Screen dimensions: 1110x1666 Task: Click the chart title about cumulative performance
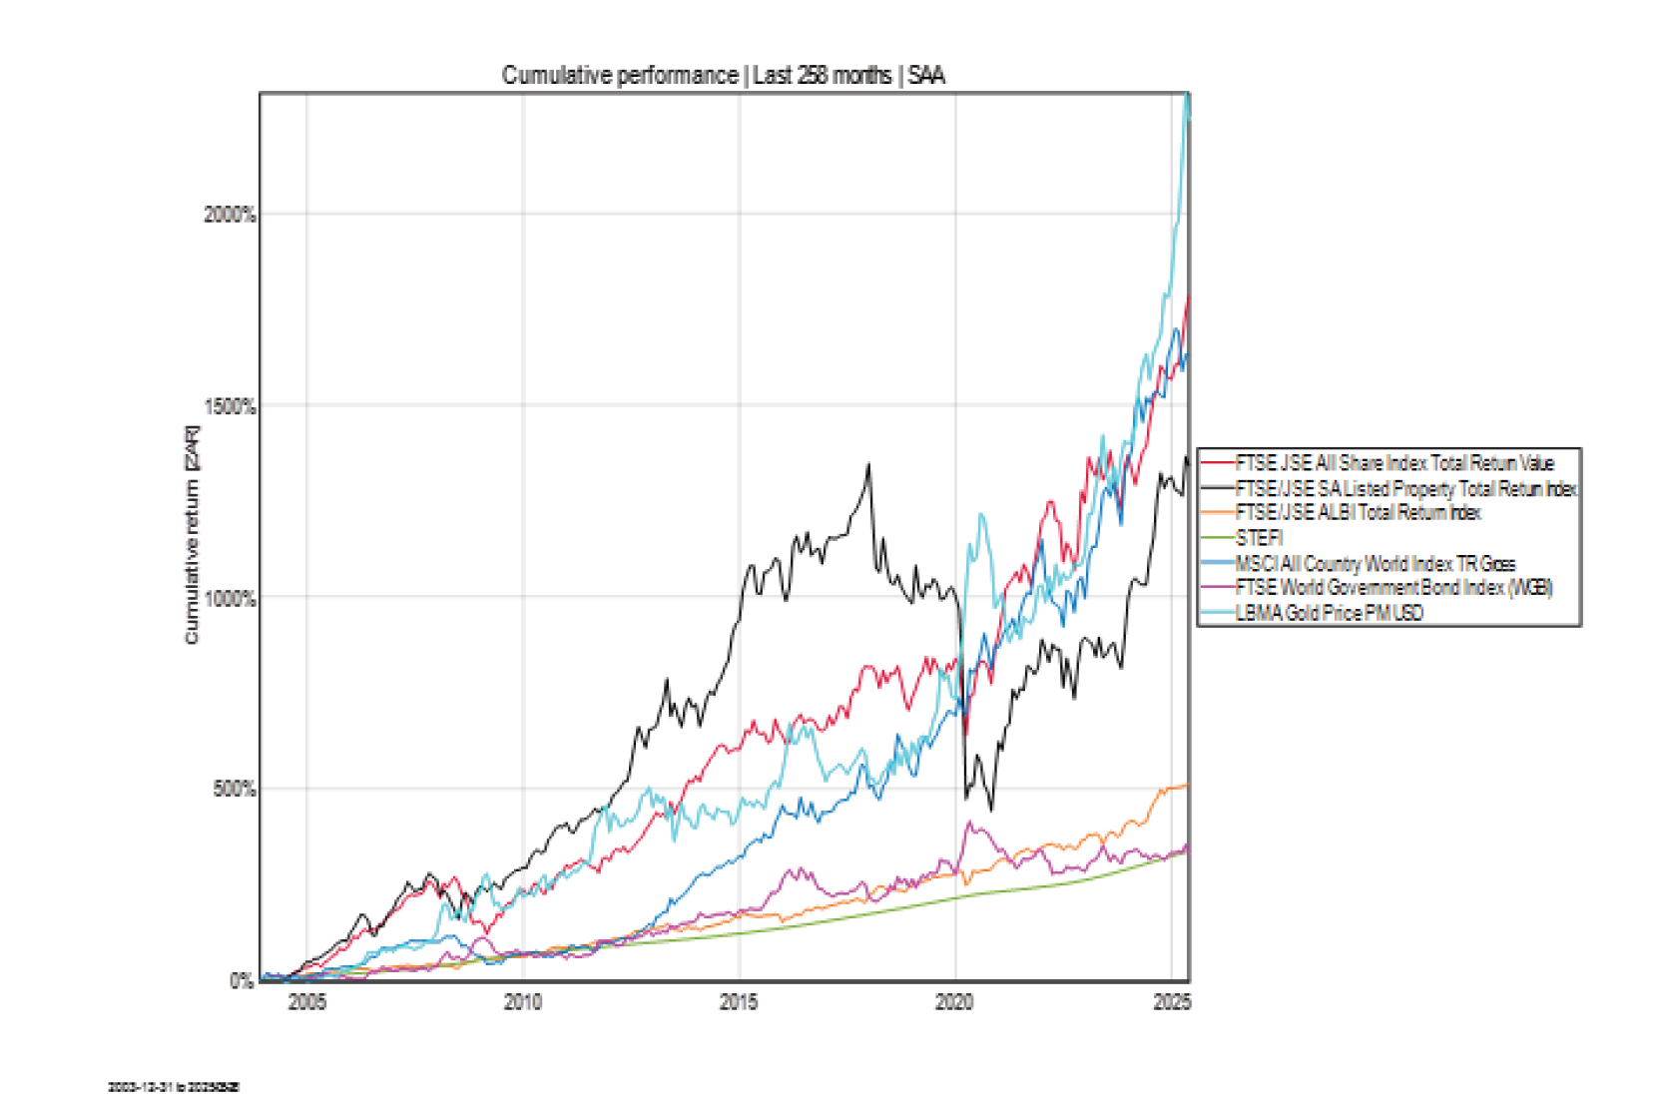[x=723, y=76]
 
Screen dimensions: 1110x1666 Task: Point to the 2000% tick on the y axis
[x=230, y=215]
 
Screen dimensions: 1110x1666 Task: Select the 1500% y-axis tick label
[x=230, y=406]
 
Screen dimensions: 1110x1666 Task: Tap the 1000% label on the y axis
[x=230, y=598]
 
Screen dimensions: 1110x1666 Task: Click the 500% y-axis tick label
[x=234, y=789]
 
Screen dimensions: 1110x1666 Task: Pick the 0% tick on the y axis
[x=242, y=980]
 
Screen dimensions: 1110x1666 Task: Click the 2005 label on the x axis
[x=306, y=1002]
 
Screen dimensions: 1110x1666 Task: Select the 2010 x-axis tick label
[x=523, y=1002]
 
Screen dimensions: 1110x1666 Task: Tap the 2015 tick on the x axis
[x=739, y=1002]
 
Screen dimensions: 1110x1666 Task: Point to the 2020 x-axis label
[x=955, y=1002]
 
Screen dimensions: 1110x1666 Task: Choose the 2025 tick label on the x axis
[x=1172, y=1002]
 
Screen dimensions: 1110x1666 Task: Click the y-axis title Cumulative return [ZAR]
[x=192, y=535]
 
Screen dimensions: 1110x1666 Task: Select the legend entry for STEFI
[x=1259, y=538]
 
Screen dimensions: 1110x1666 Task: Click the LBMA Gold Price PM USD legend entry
[x=1329, y=613]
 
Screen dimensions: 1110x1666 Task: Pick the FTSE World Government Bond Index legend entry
[x=1392, y=588]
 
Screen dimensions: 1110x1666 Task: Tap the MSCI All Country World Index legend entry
[x=1375, y=563]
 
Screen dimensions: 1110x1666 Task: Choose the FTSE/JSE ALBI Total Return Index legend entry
[x=1358, y=513]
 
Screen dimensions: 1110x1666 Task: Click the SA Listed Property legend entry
[x=1405, y=488]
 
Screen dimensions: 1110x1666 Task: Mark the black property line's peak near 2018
[x=868, y=464]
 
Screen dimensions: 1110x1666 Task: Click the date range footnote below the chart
[x=174, y=1087]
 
